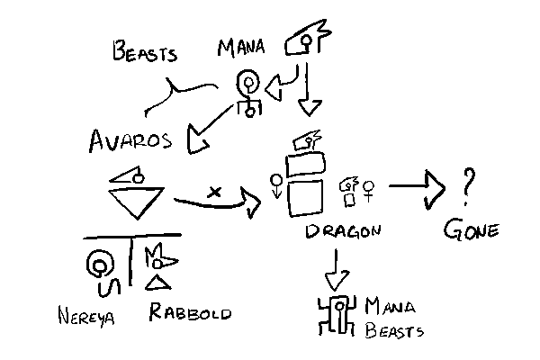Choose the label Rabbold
[190, 313]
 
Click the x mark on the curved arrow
[214, 191]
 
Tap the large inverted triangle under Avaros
[134, 203]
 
